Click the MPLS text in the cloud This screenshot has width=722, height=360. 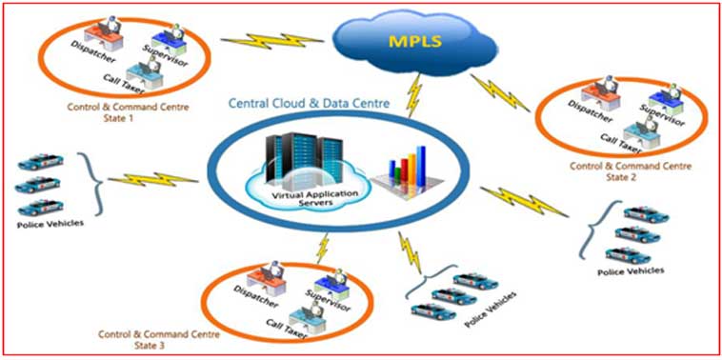coord(415,41)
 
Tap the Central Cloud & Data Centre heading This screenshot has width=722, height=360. coord(310,103)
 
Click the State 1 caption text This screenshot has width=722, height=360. coord(128,111)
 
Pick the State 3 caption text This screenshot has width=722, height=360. coord(158,339)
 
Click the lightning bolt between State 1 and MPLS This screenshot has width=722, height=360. coord(271,41)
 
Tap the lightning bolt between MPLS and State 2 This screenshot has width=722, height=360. coord(500,93)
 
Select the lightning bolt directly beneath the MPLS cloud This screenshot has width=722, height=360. coord(414,96)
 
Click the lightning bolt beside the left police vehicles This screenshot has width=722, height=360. coord(152,179)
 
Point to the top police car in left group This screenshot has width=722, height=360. coord(41,162)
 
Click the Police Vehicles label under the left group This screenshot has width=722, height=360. coord(50,224)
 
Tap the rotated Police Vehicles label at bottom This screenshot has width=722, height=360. coord(490,309)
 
